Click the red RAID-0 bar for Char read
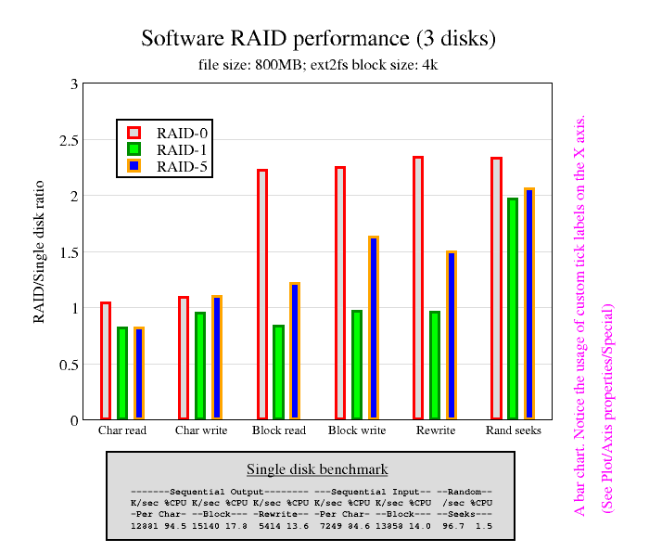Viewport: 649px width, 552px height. click(106, 361)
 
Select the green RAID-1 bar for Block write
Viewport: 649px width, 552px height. click(357, 365)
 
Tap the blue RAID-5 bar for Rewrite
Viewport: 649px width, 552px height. click(452, 335)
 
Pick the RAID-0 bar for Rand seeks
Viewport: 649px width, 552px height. click(496, 289)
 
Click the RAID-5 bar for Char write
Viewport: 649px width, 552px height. click(217, 357)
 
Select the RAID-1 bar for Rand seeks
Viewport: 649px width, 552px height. click(513, 309)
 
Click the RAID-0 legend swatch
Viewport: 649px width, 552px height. click(134, 133)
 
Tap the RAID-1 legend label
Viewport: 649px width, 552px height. click(182, 149)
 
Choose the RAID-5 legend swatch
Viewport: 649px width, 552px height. click(134, 166)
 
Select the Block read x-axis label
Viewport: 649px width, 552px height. click(278, 430)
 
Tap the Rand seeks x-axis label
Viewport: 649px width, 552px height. click(513, 430)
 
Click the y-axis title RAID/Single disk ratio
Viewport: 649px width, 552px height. click(39, 251)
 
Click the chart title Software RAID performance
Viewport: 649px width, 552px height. click(318, 39)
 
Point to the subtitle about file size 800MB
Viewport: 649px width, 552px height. click(318, 65)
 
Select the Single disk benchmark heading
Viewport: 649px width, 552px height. click(317, 469)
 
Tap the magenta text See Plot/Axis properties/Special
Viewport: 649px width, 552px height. click(608, 407)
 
